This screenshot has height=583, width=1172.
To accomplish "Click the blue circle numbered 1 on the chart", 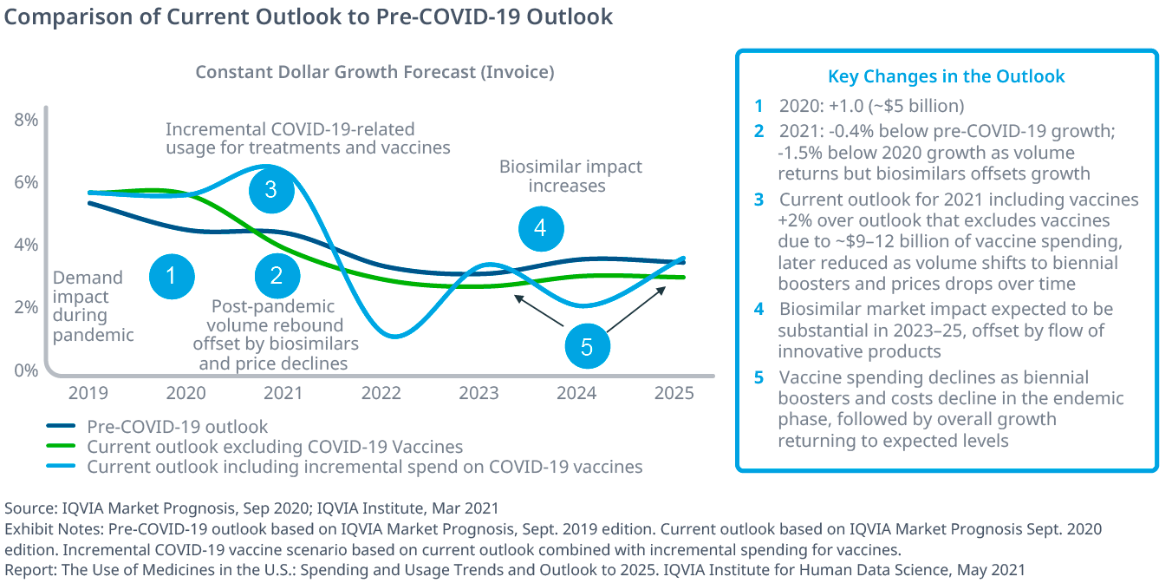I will tap(172, 276).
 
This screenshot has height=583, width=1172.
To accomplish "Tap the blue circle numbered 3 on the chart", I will tap(271, 189).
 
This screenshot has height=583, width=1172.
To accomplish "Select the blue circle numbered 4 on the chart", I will tap(541, 228).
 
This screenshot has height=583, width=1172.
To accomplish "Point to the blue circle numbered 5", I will tap(587, 348).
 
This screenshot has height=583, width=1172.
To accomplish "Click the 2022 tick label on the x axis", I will tap(381, 392).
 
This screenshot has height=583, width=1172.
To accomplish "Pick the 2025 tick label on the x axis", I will tap(674, 392).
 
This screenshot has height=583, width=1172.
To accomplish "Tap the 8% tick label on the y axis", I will tap(27, 120).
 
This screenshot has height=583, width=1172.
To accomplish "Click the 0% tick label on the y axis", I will tap(27, 370).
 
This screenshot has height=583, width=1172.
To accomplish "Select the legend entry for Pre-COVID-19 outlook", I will tap(177, 427).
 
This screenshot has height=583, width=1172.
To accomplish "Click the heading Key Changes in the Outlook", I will tap(946, 76).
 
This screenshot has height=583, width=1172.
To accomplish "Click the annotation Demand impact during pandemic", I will tap(88, 305).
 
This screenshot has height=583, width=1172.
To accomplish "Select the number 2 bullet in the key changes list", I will tap(759, 131).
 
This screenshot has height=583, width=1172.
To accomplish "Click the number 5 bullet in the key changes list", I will tap(759, 377).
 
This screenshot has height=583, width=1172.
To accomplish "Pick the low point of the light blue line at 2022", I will tap(395, 336).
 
